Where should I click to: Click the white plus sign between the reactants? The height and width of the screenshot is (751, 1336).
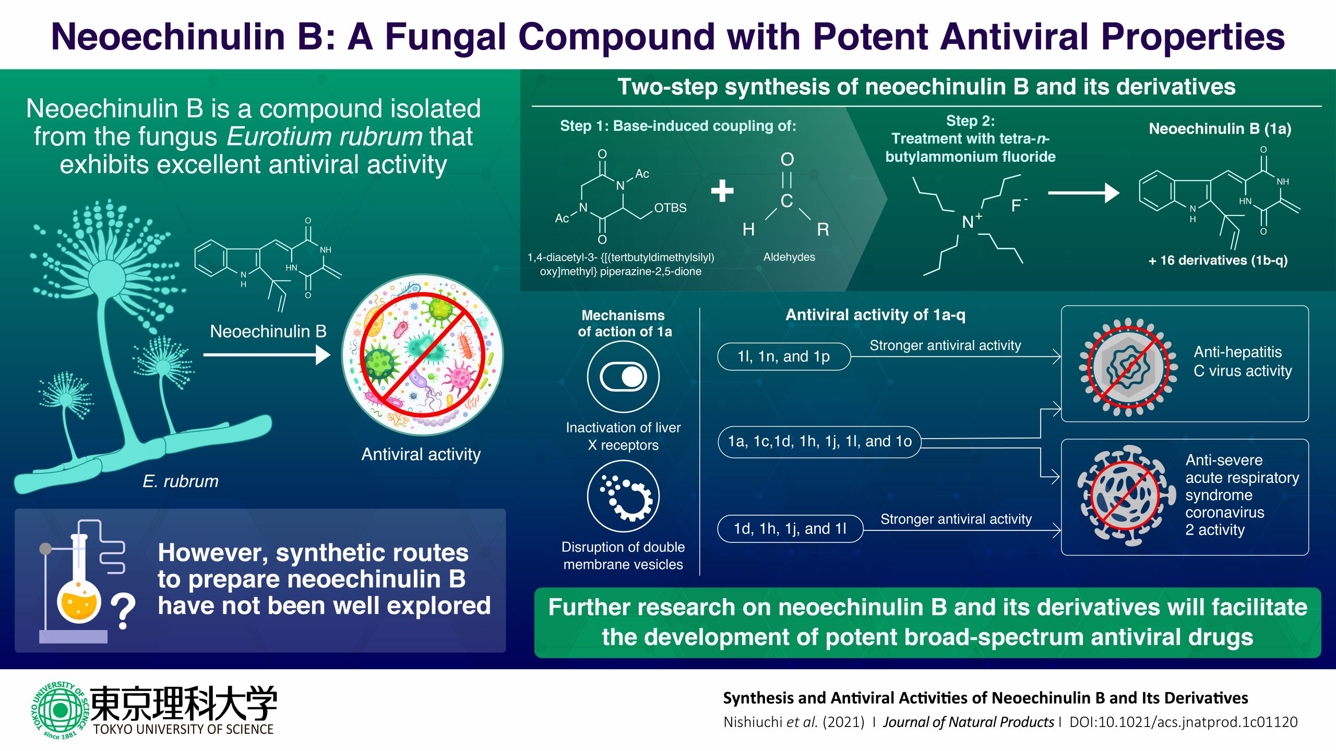click(x=722, y=191)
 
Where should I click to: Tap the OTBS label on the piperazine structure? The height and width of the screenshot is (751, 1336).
click(x=670, y=208)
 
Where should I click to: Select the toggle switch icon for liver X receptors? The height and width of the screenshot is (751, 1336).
click(x=623, y=377)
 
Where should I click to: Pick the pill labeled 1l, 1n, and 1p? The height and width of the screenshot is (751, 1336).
click(x=783, y=357)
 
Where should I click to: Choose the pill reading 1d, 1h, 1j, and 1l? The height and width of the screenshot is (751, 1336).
click(x=790, y=529)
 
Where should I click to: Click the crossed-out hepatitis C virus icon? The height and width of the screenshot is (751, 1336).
click(x=1128, y=367)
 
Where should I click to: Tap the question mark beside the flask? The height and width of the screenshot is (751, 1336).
click(x=123, y=611)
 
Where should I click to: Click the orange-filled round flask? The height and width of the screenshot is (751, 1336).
click(x=79, y=602)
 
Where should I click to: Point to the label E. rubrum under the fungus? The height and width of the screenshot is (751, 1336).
click(x=181, y=481)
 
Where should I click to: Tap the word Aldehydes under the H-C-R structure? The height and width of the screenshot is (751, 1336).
click(x=789, y=257)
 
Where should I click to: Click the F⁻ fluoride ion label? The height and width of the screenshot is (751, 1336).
click(x=1018, y=205)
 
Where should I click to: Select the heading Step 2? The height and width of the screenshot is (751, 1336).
click(x=970, y=121)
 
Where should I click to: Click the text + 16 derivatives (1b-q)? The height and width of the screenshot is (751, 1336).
click(x=1218, y=260)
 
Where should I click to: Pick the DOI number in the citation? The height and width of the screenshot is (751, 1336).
click(x=1183, y=722)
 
